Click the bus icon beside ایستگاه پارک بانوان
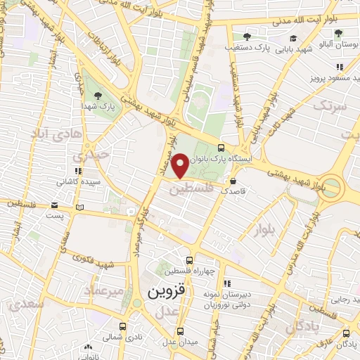click(x=221, y=148)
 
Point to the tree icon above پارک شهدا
click(x=97, y=95)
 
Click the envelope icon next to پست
click(x=54, y=205)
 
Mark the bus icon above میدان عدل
click(x=181, y=331)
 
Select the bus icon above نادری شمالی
click(x=123, y=327)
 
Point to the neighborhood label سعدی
click(x=22, y=303)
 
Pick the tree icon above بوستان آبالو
click(x=338, y=33)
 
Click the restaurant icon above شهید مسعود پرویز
click(x=340, y=66)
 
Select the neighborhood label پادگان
click(x=304, y=325)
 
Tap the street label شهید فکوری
click(x=96, y=263)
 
